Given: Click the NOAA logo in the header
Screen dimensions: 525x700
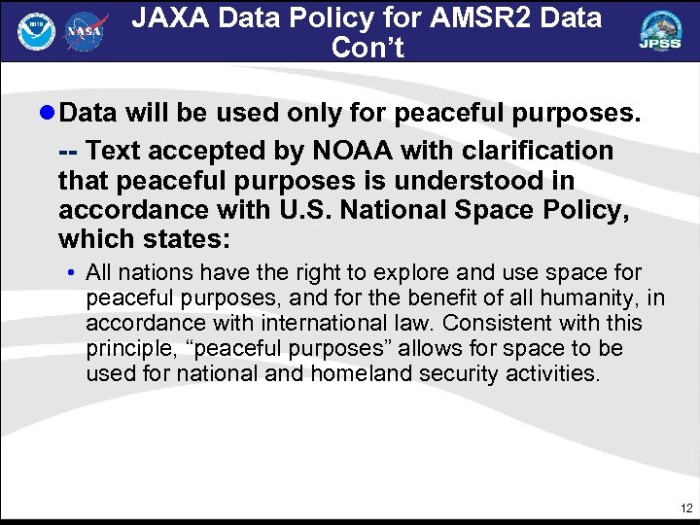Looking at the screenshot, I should click(37, 32).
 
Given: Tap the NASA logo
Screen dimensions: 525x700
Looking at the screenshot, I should click(86, 32).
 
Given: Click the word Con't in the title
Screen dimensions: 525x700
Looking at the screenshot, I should click(367, 48).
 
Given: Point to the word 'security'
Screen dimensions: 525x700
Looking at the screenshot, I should click(454, 373).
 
